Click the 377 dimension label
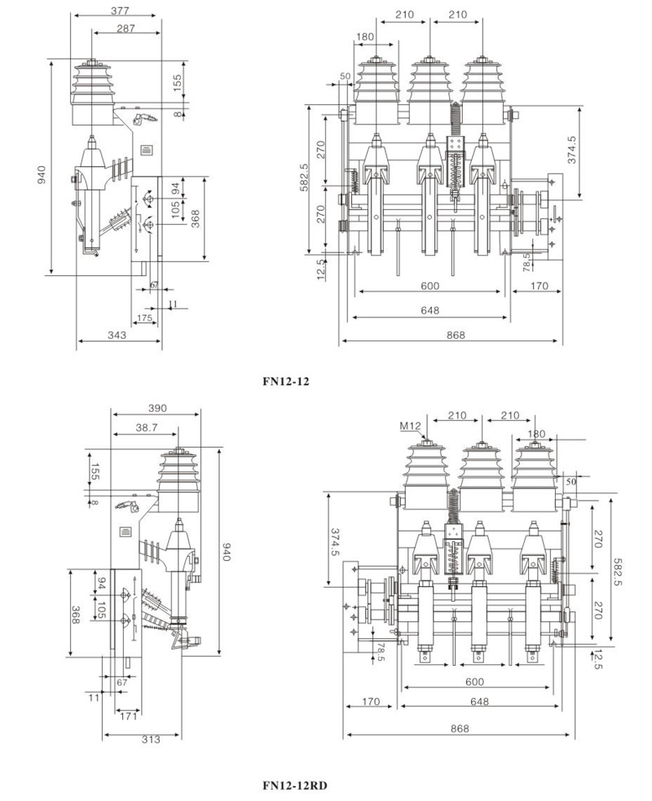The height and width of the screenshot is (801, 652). [x=120, y=11]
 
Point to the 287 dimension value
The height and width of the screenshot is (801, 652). [x=126, y=28]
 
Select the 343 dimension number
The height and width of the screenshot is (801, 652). [x=117, y=335]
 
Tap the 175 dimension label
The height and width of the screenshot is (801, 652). [x=145, y=318]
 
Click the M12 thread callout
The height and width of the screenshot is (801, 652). [x=410, y=426]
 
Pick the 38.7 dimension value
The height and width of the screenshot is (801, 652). [x=147, y=428]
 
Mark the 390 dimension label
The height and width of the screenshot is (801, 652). [x=157, y=409]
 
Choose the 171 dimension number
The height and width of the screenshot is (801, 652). [x=128, y=716]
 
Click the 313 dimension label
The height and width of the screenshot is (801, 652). [x=151, y=739]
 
